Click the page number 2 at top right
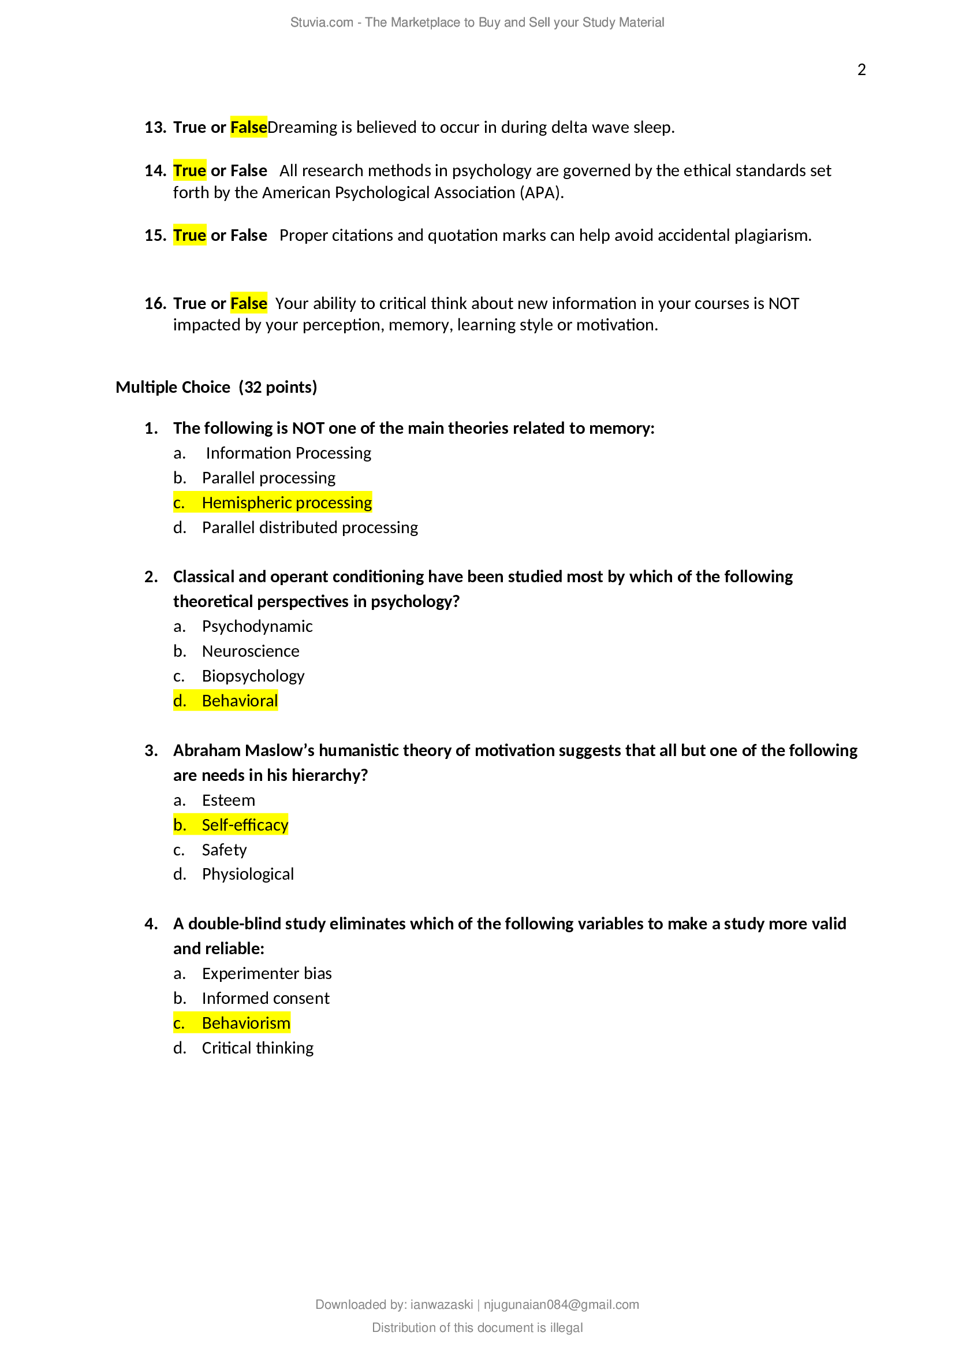[x=861, y=70]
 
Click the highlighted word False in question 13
[x=248, y=127]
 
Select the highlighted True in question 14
[x=189, y=170]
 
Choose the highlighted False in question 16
[x=248, y=304]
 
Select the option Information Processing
[x=288, y=453]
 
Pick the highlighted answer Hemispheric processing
[x=286, y=503]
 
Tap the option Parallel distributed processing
[x=310, y=528]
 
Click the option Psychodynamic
[x=257, y=627]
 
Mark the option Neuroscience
[x=251, y=652]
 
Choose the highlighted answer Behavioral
[x=240, y=701]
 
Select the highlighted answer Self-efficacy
[x=245, y=825]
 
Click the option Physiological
[x=248, y=874]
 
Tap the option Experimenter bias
[x=266, y=974]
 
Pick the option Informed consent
[x=265, y=999]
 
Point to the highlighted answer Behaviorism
[x=246, y=1024]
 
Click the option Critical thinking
[x=258, y=1048]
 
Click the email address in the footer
[x=561, y=1305]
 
